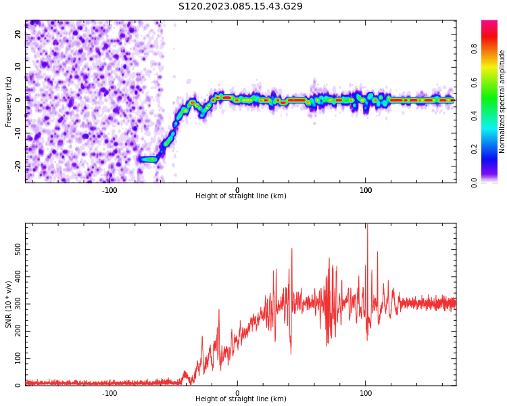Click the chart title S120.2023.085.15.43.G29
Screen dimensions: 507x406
(241, 6)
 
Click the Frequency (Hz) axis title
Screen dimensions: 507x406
(8, 101)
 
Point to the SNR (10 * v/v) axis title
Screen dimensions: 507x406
(8, 304)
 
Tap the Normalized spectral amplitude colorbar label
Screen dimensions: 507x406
(502, 101)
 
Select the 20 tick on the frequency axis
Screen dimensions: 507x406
(18, 34)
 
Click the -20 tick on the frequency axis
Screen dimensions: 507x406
(18, 166)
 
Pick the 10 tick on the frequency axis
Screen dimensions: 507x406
(18, 67)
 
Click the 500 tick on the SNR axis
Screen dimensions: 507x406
(18, 250)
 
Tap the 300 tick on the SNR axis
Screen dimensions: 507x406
(18, 304)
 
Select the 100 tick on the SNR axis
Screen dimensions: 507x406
(18, 359)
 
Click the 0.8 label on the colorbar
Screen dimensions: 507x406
(474, 49)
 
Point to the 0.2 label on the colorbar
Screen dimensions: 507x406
(474, 149)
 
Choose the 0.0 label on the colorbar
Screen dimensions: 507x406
(474, 183)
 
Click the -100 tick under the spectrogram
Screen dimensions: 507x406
(110, 190)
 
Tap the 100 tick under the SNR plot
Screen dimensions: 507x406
(365, 393)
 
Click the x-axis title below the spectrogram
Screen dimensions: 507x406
(241, 196)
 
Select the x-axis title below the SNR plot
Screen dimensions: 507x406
(241, 399)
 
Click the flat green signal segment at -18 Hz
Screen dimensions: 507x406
(149, 159)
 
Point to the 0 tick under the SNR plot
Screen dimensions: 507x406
(237, 393)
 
